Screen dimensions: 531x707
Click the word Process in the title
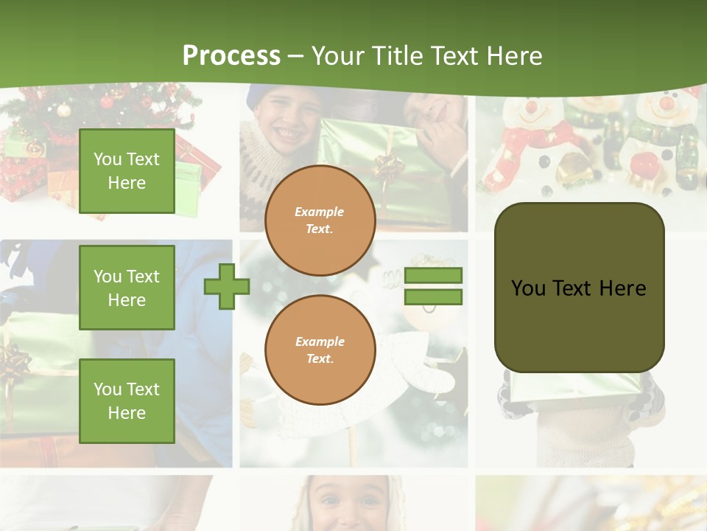[231, 56]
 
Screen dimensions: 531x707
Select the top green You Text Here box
[127, 171]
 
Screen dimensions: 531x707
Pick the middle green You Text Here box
[127, 288]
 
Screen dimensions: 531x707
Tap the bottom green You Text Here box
[127, 400]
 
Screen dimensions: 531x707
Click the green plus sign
[227, 286]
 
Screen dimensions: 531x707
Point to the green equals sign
[433, 286]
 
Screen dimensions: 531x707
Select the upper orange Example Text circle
[320, 221]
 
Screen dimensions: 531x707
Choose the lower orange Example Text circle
[320, 350]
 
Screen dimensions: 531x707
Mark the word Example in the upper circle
[320, 212]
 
